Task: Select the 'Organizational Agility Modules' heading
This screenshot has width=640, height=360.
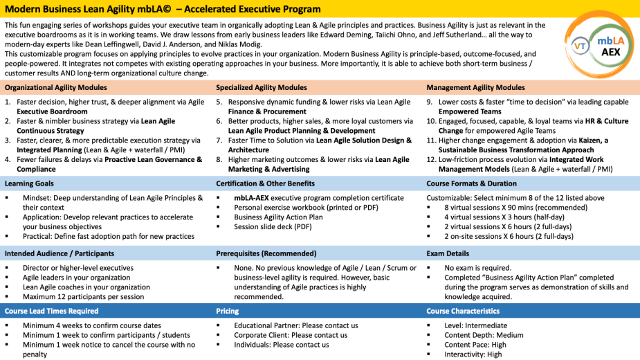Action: (x=56, y=88)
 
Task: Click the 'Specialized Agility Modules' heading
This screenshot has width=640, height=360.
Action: (x=262, y=88)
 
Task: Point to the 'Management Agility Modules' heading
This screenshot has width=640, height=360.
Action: (x=475, y=88)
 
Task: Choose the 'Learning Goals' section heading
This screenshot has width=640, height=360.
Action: (x=29, y=183)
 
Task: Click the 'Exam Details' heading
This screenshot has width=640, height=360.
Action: (x=448, y=253)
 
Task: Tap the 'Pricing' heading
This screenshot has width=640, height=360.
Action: (x=227, y=311)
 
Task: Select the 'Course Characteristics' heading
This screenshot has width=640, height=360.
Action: (x=463, y=311)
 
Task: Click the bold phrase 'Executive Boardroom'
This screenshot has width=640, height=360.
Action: (x=52, y=111)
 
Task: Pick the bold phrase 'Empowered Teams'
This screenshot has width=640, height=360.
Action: (x=469, y=111)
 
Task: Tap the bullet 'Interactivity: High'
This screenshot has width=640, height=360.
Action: (x=473, y=354)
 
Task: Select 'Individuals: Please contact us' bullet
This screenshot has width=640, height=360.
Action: (x=282, y=345)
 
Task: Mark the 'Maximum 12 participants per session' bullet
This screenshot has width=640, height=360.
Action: (x=84, y=297)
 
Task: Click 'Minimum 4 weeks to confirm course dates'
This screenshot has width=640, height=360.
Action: (x=92, y=325)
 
